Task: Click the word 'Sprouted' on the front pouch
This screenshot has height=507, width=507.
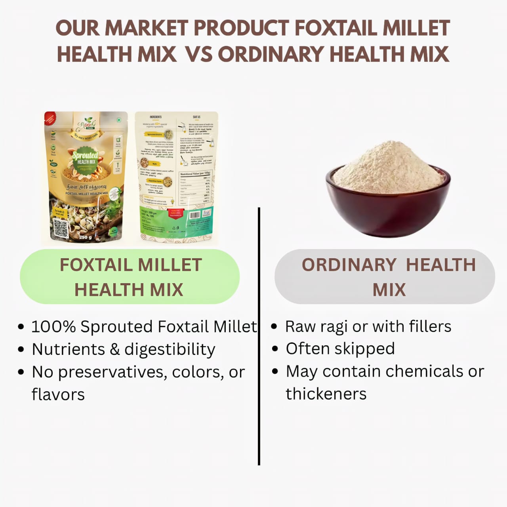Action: click(85, 155)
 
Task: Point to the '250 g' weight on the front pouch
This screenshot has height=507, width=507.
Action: click(85, 237)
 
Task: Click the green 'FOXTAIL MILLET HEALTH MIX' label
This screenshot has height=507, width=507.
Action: click(130, 277)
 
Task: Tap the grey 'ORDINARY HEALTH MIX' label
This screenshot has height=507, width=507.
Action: click(385, 277)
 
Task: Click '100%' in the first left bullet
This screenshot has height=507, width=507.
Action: click(53, 327)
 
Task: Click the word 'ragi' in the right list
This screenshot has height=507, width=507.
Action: click(334, 327)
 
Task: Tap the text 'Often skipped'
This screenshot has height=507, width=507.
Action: click(340, 349)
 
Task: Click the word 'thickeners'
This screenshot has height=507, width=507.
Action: click(326, 394)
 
